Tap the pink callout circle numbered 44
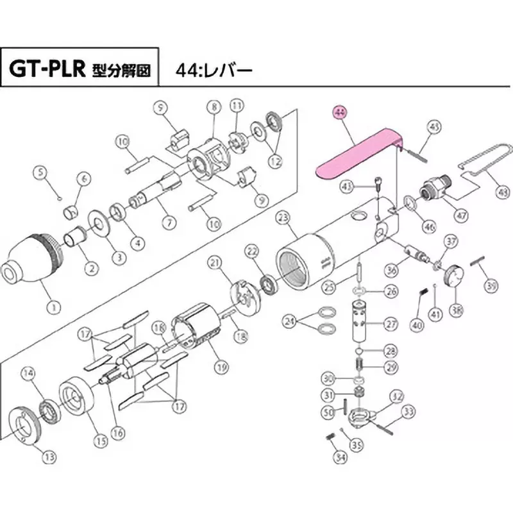coord(340,113)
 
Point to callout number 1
coord(55,307)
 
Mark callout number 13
coord(49,457)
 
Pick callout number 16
coord(117,433)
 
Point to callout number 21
coord(214,262)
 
